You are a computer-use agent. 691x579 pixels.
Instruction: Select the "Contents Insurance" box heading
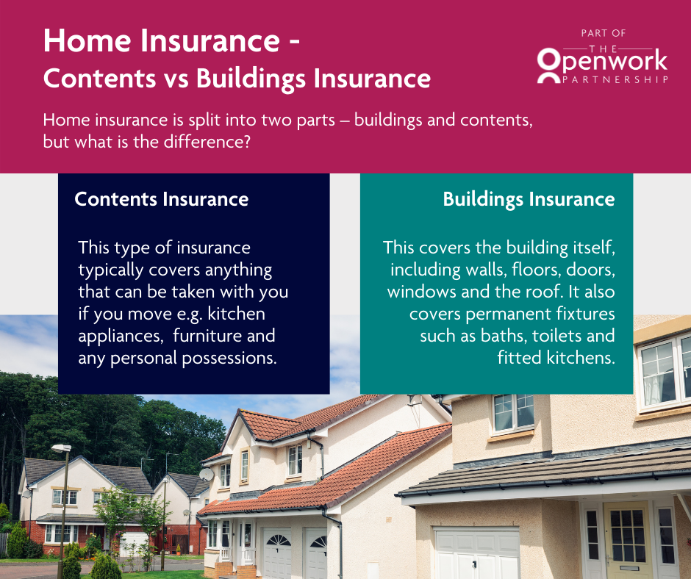[x=162, y=199]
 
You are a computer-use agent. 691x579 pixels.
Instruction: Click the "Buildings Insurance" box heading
[x=529, y=199]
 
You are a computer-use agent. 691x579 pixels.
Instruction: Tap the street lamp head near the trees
[x=61, y=447]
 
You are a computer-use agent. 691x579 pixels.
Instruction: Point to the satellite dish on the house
[x=207, y=474]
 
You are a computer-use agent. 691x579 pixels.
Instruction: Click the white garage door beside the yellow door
[x=478, y=555]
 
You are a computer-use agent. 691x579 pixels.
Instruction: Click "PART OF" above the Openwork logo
[x=602, y=33]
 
